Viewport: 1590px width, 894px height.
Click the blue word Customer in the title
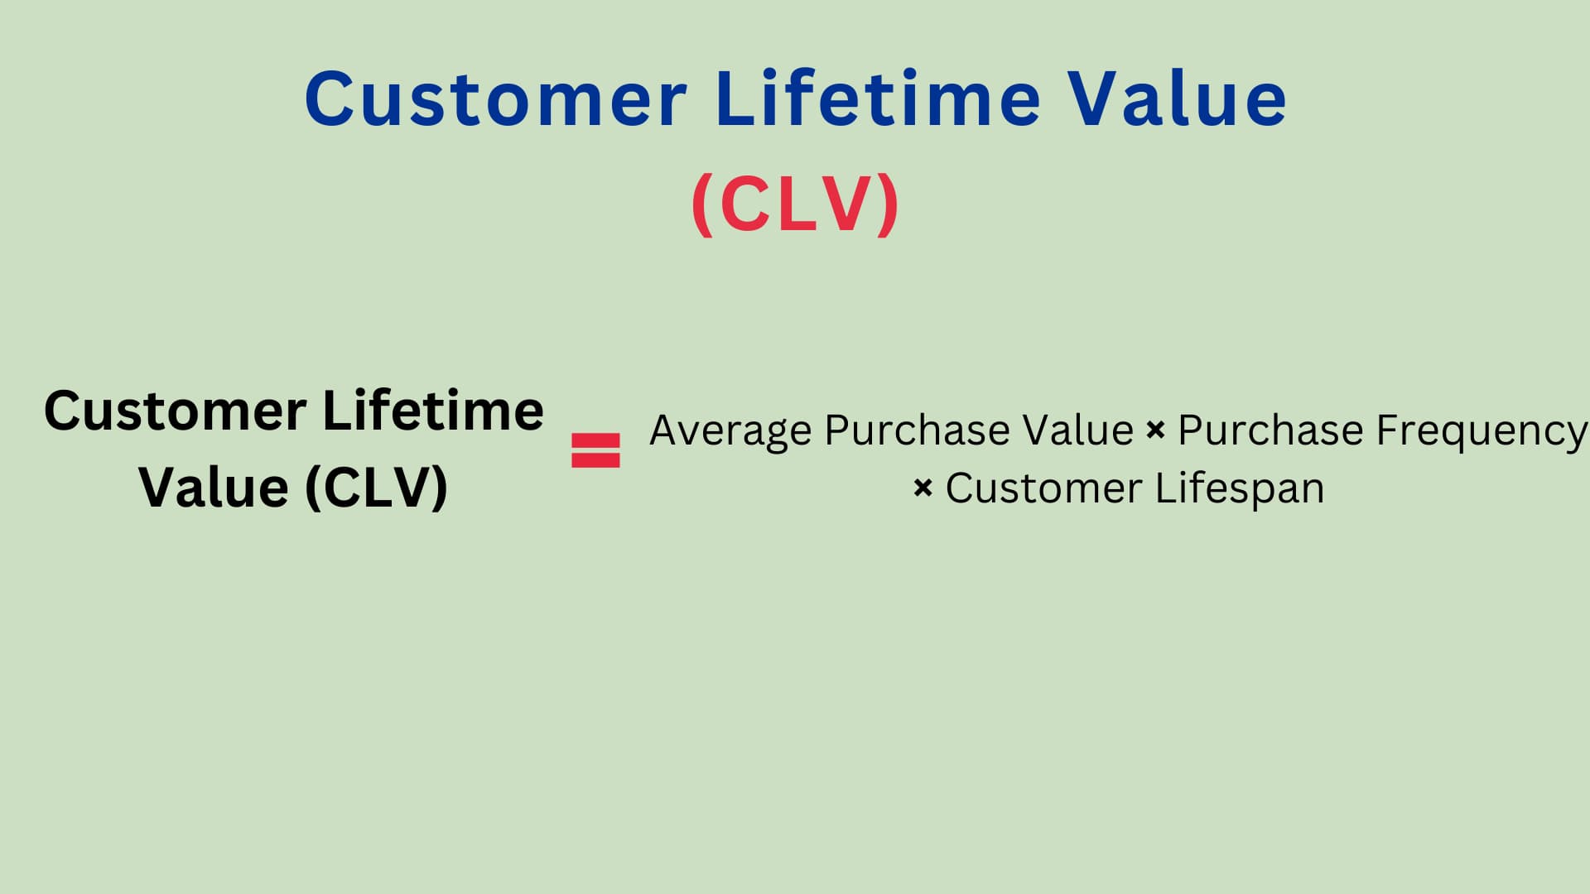[495, 99]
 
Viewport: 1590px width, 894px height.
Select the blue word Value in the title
[1177, 98]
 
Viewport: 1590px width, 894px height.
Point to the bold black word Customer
[176, 411]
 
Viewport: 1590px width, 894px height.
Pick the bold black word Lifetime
[433, 410]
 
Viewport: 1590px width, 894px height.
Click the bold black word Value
[214, 488]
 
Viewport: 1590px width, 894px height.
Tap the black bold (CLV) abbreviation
[377, 488]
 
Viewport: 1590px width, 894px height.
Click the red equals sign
[595, 450]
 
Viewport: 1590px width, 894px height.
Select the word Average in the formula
[730, 431]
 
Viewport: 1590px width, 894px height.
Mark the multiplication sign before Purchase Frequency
[1155, 430]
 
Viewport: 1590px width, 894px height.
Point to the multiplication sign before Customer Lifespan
[923, 488]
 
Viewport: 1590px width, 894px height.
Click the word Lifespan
[1240, 489]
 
